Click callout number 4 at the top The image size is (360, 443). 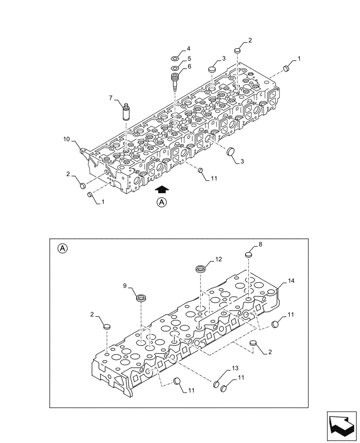[188, 48]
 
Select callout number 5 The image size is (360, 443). [189, 58]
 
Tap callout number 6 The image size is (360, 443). [189, 66]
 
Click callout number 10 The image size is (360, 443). [66, 140]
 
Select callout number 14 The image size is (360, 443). [290, 281]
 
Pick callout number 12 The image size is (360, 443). [218, 259]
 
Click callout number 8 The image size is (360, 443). [260, 244]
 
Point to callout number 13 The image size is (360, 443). [235, 369]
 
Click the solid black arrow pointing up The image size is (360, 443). [162, 189]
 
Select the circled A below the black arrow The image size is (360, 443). [162, 203]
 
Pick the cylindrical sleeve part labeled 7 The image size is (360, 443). [125, 111]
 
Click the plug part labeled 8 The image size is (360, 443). [249, 254]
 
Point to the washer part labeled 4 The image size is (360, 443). [175, 58]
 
